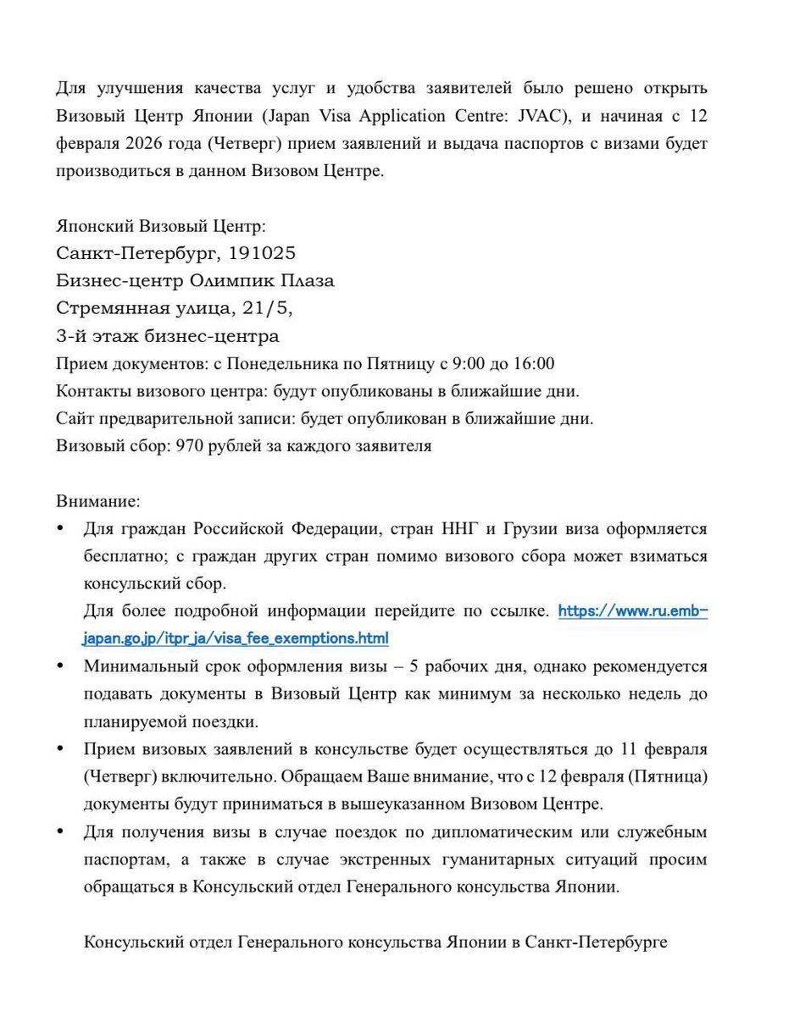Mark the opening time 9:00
(x=469, y=364)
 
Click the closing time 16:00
(x=533, y=364)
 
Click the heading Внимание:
(x=97, y=501)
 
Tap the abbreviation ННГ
(x=459, y=529)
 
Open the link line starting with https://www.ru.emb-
(x=632, y=611)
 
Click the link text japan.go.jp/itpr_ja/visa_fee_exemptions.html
(x=236, y=638)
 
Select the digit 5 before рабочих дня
(x=414, y=666)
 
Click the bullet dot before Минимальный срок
(x=60, y=666)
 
